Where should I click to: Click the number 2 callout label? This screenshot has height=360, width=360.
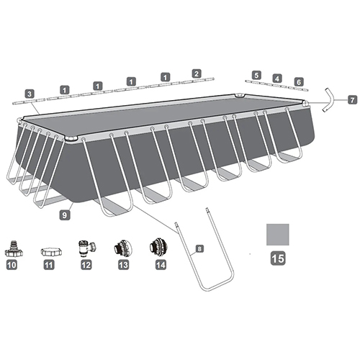pos(197,73)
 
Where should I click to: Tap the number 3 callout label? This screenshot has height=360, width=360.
pos(30,94)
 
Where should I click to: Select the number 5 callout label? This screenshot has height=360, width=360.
pos(256,75)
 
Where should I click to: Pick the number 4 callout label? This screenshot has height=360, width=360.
pos(277,78)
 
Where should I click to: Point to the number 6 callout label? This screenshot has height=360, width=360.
pos(299,82)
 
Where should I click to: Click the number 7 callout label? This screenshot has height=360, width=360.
pos(353,99)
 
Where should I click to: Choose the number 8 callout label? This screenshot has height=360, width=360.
pos(199,248)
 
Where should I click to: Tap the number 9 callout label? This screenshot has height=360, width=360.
pos(65,215)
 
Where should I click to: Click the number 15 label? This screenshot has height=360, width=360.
pos(278,258)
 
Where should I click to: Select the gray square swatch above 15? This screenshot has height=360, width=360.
pos(278,235)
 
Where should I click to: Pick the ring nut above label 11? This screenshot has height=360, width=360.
pos(51,252)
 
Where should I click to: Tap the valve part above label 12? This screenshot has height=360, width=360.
pos(86,248)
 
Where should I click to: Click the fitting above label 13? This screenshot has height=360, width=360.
pos(123,248)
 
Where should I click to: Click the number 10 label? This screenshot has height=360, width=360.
pos(12,265)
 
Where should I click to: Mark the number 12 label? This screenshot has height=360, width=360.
pos(86,265)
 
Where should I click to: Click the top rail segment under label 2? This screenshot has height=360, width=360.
pos(198,81)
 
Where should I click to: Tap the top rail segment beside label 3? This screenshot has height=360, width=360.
pos(29,101)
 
